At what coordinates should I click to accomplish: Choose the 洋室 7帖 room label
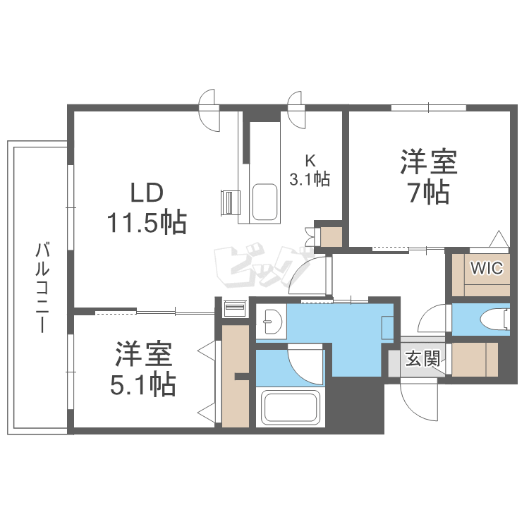tap(430, 176)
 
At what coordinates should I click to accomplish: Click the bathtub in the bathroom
tap(291, 408)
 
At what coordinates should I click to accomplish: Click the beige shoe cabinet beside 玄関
tap(474, 359)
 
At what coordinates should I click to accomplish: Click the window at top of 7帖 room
tap(429, 108)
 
